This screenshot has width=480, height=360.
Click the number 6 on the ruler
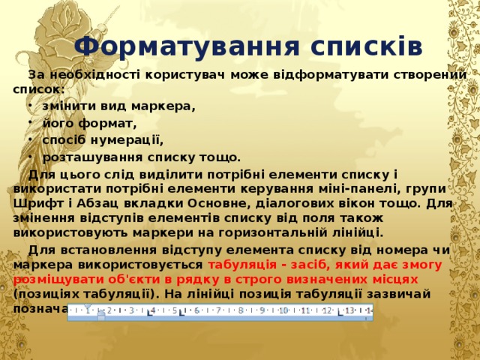click(x=196, y=310)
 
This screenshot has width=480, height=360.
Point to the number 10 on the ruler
click(x=283, y=310)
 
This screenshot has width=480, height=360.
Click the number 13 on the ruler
click(x=349, y=310)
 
